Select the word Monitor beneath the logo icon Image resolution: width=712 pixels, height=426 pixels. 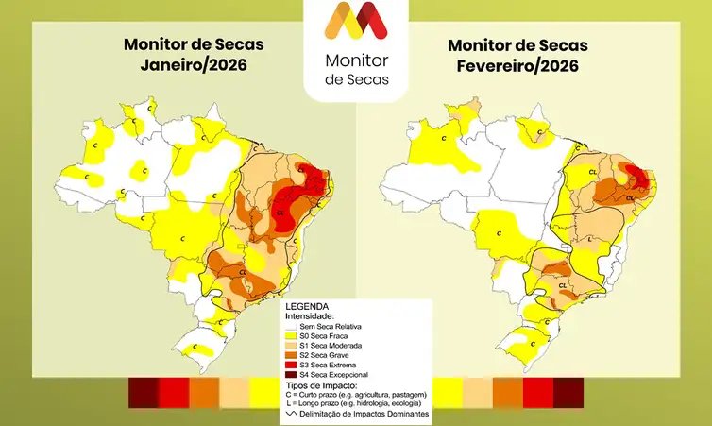tap(356, 60)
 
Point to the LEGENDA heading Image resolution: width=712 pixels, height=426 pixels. tap(307, 307)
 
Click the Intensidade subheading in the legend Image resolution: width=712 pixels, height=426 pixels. tap(312, 316)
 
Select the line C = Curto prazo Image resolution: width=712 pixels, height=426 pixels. tap(355, 394)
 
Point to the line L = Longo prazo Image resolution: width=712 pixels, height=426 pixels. tap(355, 403)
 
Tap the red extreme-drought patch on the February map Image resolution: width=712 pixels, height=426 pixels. tap(638, 177)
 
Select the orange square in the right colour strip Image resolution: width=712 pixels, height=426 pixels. tap(508, 392)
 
